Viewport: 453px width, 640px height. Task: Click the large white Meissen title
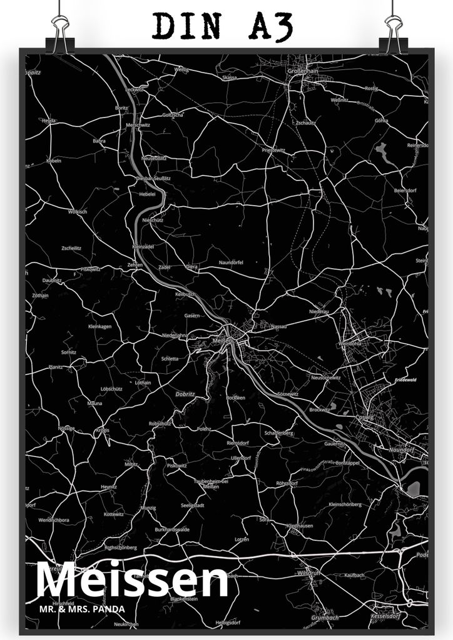[x=133, y=581]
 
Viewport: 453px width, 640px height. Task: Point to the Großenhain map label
[x=302, y=71]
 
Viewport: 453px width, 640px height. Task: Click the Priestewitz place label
[x=274, y=150]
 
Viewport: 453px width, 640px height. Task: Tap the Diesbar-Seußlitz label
[x=153, y=178]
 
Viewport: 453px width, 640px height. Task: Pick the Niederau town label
[x=319, y=311]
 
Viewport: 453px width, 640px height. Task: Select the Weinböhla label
[x=350, y=343]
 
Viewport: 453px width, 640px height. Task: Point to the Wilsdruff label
[x=309, y=571]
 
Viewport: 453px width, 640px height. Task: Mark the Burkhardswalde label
[x=173, y=529]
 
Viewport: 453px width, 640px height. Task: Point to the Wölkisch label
[x=78, y=211]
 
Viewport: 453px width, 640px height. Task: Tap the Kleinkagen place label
[x=99, y=326]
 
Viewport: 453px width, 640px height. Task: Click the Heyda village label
[x=49, y=120]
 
